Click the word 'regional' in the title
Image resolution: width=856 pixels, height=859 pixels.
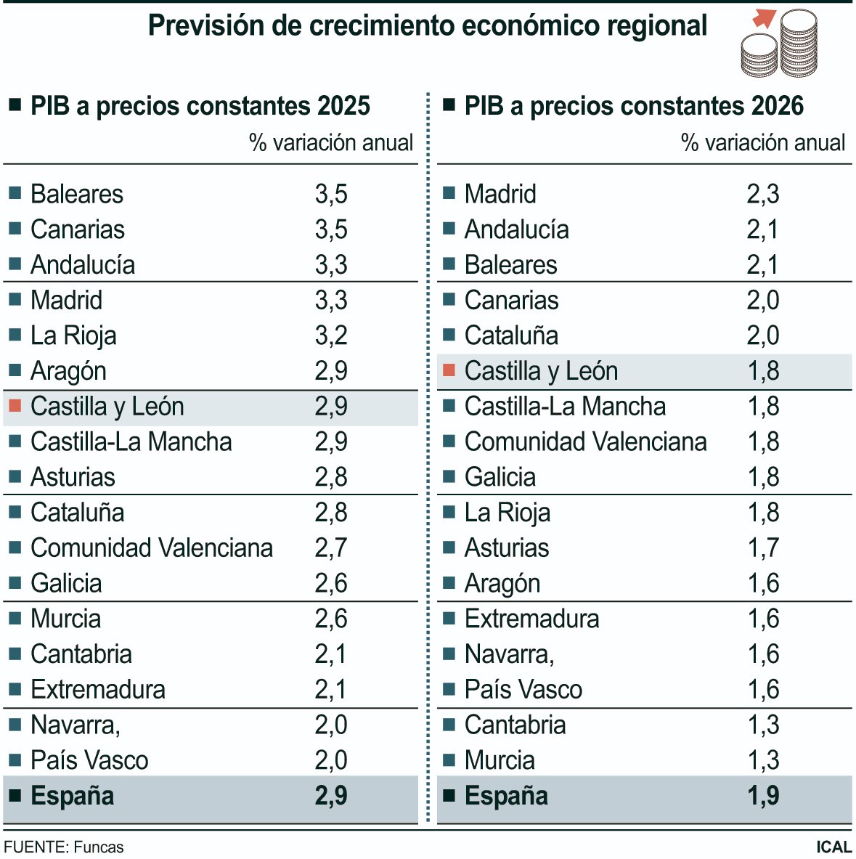coord(657,26)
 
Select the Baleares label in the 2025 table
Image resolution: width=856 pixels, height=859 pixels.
coord(77,194)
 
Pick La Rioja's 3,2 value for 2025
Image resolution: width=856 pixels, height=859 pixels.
coord(331,335)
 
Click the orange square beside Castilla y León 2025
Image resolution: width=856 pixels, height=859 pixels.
coord(15,406)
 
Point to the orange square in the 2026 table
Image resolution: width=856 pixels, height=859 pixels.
coord(449,370)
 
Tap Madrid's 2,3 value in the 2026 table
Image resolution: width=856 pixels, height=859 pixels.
coord(762,194)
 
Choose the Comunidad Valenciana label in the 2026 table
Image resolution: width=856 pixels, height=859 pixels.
coord(585,441)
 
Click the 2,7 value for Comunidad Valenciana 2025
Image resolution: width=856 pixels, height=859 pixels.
coord(331,547)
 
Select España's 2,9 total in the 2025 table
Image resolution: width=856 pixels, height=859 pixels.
coord(331,796)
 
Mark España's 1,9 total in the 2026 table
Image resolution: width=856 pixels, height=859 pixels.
coord(763,796)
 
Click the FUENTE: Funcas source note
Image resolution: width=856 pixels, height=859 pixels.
coord(64,847)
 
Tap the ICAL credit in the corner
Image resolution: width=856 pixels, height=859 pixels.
coord(833,847)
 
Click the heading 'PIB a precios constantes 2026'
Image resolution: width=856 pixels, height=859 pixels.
coord(633,106)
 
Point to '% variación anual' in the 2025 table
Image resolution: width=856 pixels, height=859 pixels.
coord(331,142)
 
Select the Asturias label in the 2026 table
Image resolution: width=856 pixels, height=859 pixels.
coord(506,547)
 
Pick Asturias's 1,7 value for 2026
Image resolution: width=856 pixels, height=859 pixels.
coord(763,547)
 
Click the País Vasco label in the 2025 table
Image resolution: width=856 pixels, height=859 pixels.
coord(89,760)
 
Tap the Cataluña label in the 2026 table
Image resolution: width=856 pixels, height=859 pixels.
coord(511,335)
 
